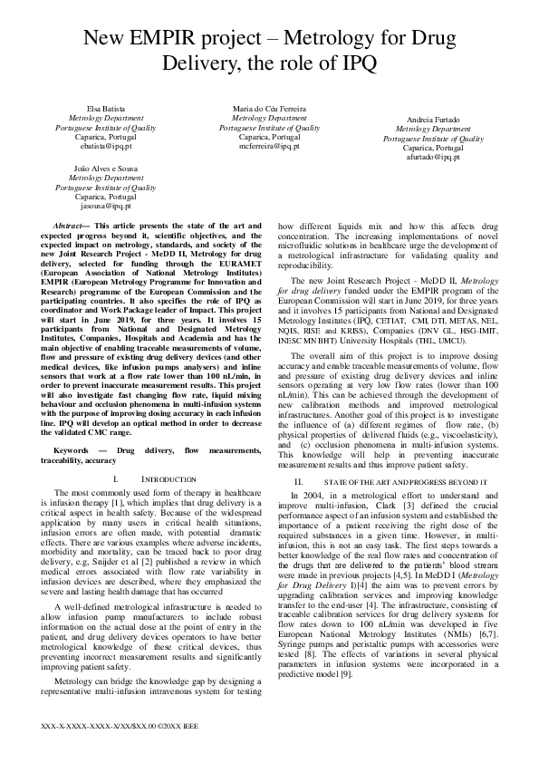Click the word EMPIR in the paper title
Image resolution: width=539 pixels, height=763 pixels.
click(186, 39)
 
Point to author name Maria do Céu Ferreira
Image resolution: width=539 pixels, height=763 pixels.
click(269, 109)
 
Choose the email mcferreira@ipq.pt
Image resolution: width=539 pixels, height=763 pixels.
click(269, 144)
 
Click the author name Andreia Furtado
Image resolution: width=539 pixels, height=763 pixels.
click(433, 120)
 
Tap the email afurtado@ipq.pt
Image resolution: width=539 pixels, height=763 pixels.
click(433, 157)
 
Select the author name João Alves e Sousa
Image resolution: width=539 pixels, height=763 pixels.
click(105, 169)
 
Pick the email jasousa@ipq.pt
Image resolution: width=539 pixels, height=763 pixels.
click(105, 205)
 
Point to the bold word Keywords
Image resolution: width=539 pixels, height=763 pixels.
click(72, 449)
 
